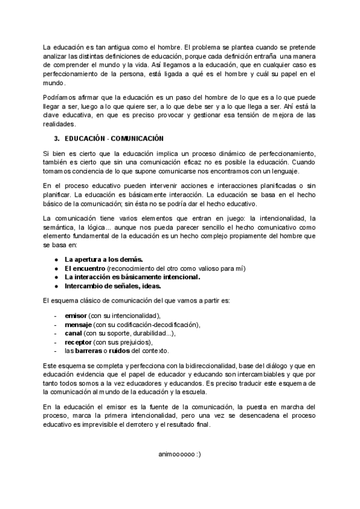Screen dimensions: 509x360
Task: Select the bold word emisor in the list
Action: click(x=76, y=315)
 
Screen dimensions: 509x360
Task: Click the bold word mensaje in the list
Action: click(x=78, y=324)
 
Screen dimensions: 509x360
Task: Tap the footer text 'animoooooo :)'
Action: click(x=179, y=454)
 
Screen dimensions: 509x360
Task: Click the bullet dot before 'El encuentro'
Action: click(x=56, y=268)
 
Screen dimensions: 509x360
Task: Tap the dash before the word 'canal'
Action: click(x=56, y=333)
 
